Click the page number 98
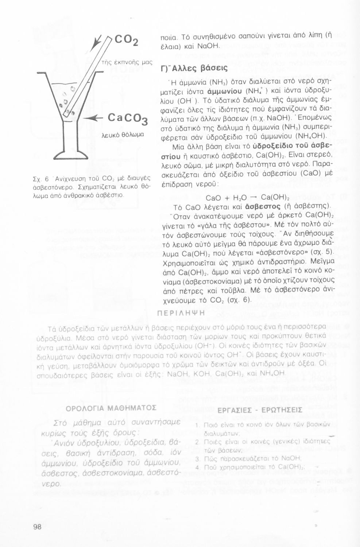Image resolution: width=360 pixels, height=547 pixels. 37,527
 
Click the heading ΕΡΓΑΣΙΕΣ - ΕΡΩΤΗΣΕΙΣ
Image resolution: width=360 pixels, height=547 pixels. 260,410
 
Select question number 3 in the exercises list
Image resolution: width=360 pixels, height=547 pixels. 197,458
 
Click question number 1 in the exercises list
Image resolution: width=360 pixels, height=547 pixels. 197,426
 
